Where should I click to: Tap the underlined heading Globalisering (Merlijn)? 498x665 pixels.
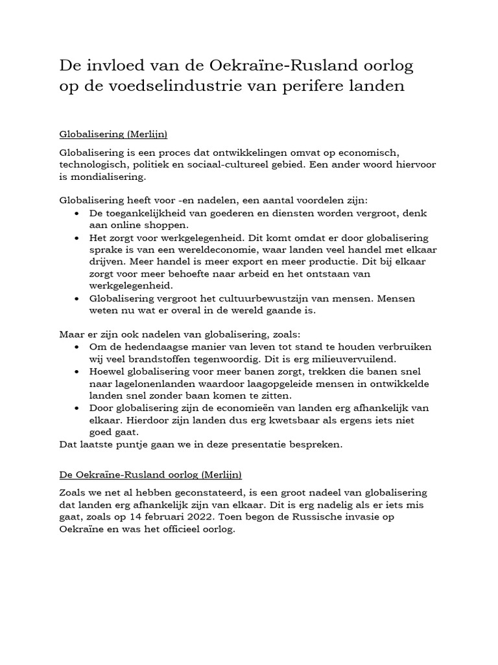(x=113, y=134)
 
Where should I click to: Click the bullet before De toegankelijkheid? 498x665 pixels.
(x=78, y=213)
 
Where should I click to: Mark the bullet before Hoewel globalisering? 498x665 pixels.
(x=78, y=371)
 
